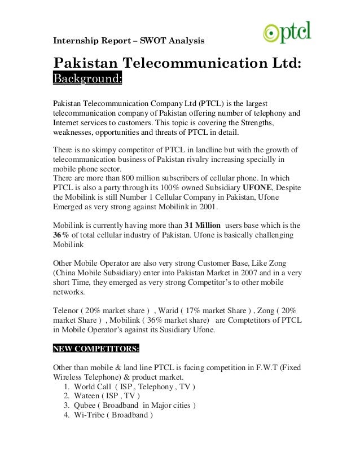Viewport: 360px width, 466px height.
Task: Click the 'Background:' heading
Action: tap(87, 78)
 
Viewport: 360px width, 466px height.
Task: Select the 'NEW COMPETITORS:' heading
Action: tap(96, 348)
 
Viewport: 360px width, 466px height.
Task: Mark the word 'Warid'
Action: tap(171, 311)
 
